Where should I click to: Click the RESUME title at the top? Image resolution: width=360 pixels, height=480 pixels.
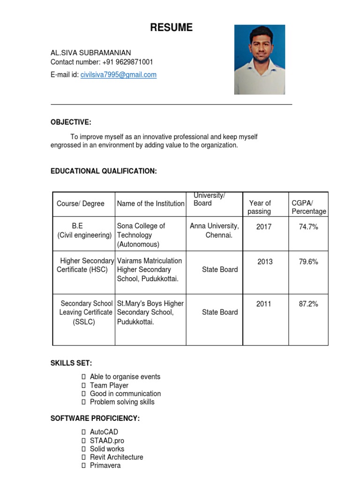(x=171, y=28)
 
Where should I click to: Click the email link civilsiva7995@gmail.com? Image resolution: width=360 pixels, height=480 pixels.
(x=119, y=75)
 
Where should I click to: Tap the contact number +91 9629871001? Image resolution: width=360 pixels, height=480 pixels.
(x=125, y=62)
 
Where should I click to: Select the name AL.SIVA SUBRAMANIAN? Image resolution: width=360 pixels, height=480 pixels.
(x=91, y=52)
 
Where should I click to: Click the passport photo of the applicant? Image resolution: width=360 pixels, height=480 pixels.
(x=259, y=60)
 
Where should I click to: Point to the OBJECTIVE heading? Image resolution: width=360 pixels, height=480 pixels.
(x=71, y=122)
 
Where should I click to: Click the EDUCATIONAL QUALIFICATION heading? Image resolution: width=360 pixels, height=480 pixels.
(x=104, y=171)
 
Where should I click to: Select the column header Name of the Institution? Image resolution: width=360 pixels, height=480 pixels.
(x=150, y=203)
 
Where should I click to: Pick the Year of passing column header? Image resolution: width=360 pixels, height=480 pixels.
(x=260, y=207)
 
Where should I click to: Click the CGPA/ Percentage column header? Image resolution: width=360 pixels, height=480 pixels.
(x=308, y=207)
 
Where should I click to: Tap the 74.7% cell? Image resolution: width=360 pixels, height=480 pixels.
(x=308, y=227)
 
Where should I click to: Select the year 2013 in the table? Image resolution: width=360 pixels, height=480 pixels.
(x=265, y=262)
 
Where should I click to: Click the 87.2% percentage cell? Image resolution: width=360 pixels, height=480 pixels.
(x=308, y=304)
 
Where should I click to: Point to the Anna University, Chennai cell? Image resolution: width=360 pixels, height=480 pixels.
(x=214, y=231)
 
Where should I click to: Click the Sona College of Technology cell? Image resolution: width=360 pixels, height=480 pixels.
(x=141, y=235)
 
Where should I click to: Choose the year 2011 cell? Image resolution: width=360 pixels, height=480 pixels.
(x=263, y=304)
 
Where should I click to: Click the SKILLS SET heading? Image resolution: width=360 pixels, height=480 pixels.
(x=71, y=363)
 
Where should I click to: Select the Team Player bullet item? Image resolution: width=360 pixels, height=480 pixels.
(x=109, y=385)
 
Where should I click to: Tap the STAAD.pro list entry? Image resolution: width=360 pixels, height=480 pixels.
(x=107, y=441)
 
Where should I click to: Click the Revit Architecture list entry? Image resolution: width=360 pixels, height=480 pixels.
(x=116, y=457)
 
